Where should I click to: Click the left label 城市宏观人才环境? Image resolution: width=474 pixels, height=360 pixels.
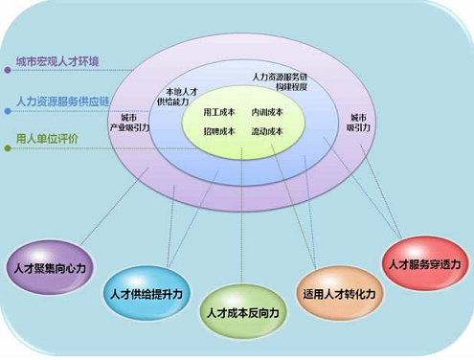(56, 62)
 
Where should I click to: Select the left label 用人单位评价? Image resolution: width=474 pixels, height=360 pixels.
(47, 138)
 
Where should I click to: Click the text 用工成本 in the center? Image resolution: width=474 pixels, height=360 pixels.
(219, 112)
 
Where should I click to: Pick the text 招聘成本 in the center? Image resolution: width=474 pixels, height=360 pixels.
(219, 131)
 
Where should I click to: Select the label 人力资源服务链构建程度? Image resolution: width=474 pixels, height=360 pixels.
(280, 80)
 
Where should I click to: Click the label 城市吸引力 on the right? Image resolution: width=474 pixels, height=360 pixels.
(358, 122)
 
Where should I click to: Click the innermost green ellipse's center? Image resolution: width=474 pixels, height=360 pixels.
(243, 122)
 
